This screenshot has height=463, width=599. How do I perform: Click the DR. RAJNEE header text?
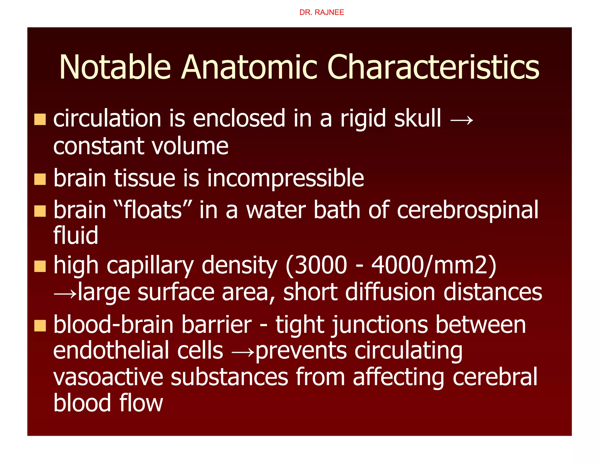coord(321,12)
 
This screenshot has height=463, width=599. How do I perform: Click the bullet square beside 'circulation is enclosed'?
coord(40,119)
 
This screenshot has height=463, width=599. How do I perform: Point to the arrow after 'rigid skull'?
coord(462,120)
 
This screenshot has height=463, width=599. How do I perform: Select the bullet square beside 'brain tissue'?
coord(40,179)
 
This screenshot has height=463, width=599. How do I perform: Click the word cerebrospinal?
coord(467,210)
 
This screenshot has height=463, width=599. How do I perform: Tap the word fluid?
coord(76,235)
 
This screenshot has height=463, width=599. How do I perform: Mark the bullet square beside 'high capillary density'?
coord(40,266)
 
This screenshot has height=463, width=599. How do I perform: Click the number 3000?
coord(321,265)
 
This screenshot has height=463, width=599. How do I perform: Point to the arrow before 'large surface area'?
coord(65,293)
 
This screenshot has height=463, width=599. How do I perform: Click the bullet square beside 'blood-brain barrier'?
coord(40,325)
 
